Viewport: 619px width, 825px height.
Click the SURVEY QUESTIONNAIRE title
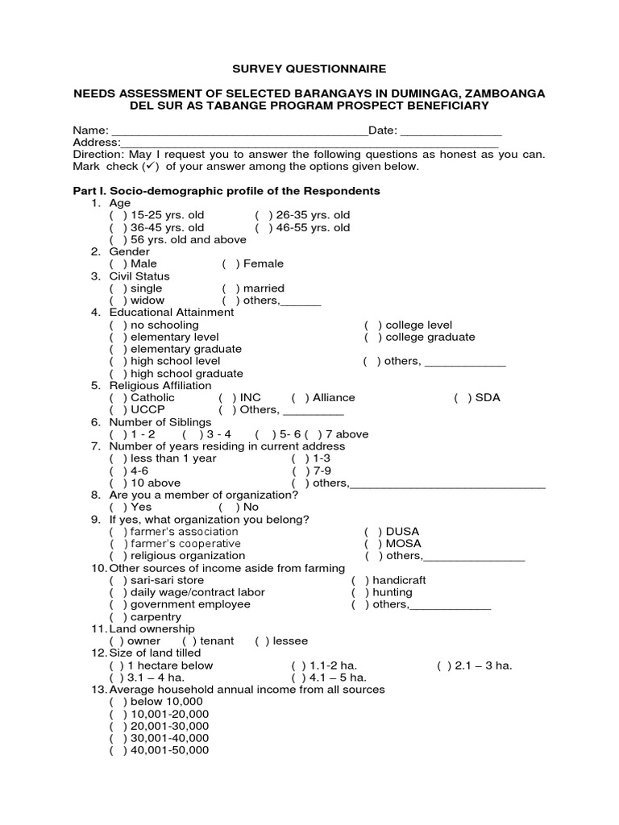point(309,69)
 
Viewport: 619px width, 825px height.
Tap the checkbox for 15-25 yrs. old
point(118,216)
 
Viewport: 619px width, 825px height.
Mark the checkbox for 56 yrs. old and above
point(118,240)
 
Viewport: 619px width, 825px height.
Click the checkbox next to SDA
point(463,398)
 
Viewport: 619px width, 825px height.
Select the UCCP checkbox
point(118,410)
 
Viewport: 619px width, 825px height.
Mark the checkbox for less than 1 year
point(118,458)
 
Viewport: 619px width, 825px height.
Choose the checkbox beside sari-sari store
point(118,580)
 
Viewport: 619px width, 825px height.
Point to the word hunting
point(393,592)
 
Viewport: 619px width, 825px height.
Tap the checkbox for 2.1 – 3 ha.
point(445,665)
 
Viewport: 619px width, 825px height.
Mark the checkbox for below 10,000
point(118,702)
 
